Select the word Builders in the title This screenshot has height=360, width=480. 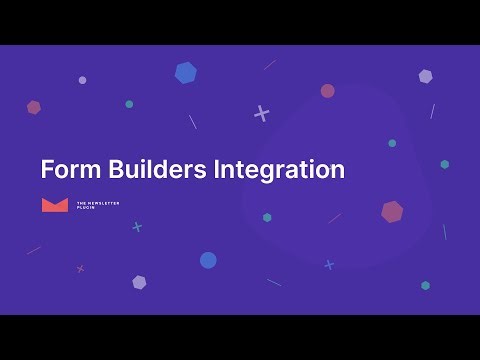tap(155, 168)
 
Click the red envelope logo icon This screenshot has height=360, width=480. tap(54, 204)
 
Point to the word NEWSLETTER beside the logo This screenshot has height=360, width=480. tap(96, 201)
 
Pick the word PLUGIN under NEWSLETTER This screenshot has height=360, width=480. tap(85, 207)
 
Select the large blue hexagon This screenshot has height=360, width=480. tap(185, 72)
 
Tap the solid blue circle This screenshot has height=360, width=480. tap(208, 260)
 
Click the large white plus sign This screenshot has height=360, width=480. tap(262, 113)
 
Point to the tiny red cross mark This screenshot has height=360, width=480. tap(80, 268)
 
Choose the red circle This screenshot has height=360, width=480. tap(327, 90)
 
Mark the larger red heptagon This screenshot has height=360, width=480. tap(392, 211)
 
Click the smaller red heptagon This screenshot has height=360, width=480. tap(33, 106)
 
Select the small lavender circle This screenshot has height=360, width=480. tap(82, 80)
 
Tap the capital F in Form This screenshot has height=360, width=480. tap(46, 168)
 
